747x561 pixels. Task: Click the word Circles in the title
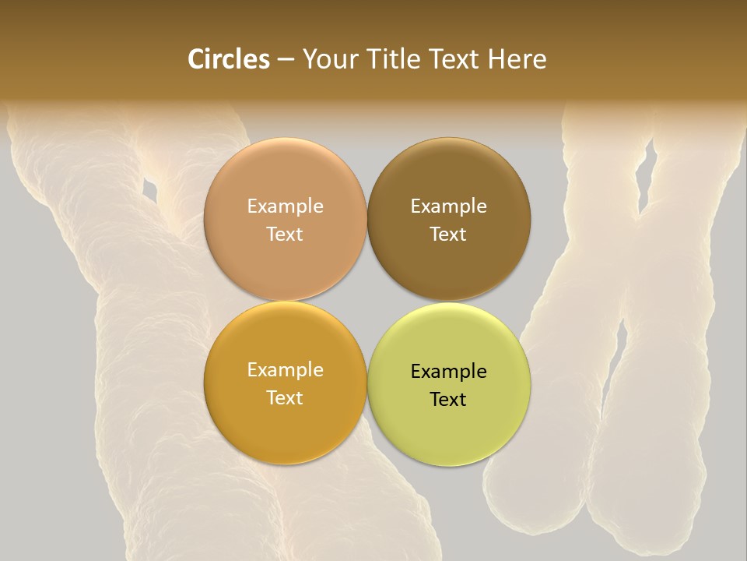[229, 59]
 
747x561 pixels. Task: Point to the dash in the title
[285, 60]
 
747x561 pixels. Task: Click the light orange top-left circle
[285, 171]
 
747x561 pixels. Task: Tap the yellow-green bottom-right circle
[448, 436]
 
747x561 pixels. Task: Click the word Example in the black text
[448, 372]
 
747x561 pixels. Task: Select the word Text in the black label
[448, 400]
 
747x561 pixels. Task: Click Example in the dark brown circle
[448, 206]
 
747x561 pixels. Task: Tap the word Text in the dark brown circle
[448, 235]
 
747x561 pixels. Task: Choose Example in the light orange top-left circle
[285, 206]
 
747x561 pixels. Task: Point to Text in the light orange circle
[285, 235]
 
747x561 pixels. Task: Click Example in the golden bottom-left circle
[285, 370]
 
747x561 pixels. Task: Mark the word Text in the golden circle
[285, 398]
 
